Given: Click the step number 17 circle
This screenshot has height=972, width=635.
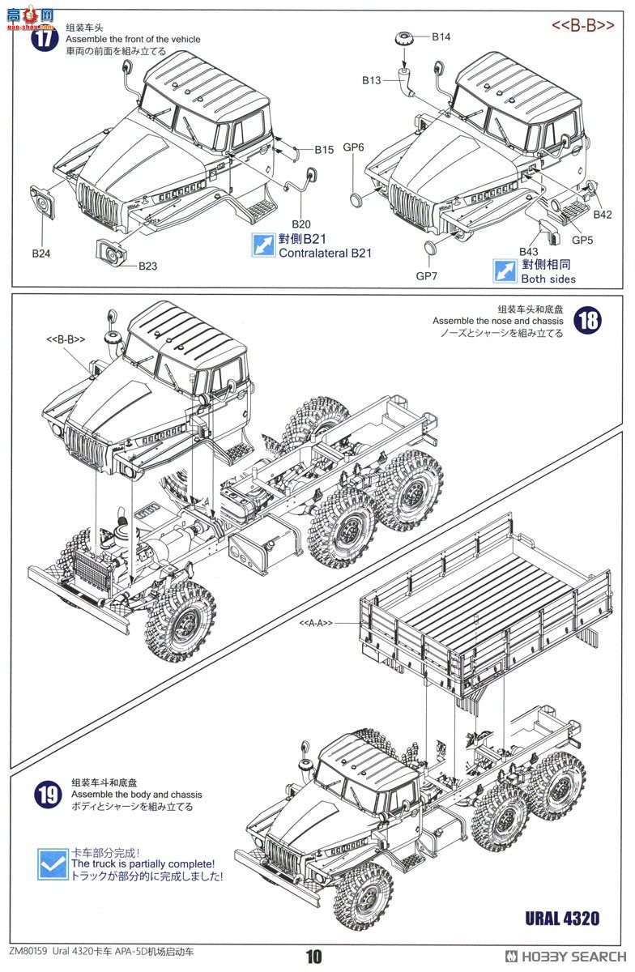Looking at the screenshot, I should click(45, 38).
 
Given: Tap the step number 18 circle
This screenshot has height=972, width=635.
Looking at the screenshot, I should click(588, 320).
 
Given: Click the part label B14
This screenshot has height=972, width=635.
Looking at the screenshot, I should click(441, 36).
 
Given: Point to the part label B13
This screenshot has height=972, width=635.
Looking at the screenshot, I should click(372, 80).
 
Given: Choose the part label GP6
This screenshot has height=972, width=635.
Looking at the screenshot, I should click(354, 147).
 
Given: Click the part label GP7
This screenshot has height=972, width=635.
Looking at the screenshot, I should click(426, 275).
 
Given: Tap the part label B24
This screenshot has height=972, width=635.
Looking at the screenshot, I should click(41, 254).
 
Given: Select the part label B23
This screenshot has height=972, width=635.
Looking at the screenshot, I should click(147, 266).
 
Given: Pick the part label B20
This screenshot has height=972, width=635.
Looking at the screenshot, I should click(300, 224).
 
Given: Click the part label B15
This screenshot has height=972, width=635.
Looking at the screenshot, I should click(324, 149).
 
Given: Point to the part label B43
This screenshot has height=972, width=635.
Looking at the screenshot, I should click(529, 252).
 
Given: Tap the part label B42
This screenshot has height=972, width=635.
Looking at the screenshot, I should click(603, 215).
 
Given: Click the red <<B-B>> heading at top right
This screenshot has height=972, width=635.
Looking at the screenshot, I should click(583, 26).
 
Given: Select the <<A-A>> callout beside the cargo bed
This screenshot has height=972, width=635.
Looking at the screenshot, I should click(316, 622).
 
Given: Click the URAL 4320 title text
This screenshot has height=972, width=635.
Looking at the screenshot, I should click(562, 918).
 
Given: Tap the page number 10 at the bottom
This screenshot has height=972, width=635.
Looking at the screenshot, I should click(313, 957).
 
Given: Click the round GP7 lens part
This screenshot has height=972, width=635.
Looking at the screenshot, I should click(433, 247).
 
